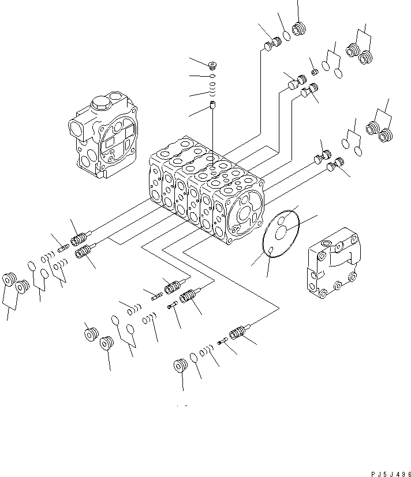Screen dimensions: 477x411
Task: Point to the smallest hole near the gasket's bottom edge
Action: pyautogui.click(x=270, y=250)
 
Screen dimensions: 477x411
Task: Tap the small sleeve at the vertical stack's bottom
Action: pyautogui.click(x=212, y=106)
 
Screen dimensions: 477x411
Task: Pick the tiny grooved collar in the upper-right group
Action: pyautogui.click(x=315, y=72)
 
